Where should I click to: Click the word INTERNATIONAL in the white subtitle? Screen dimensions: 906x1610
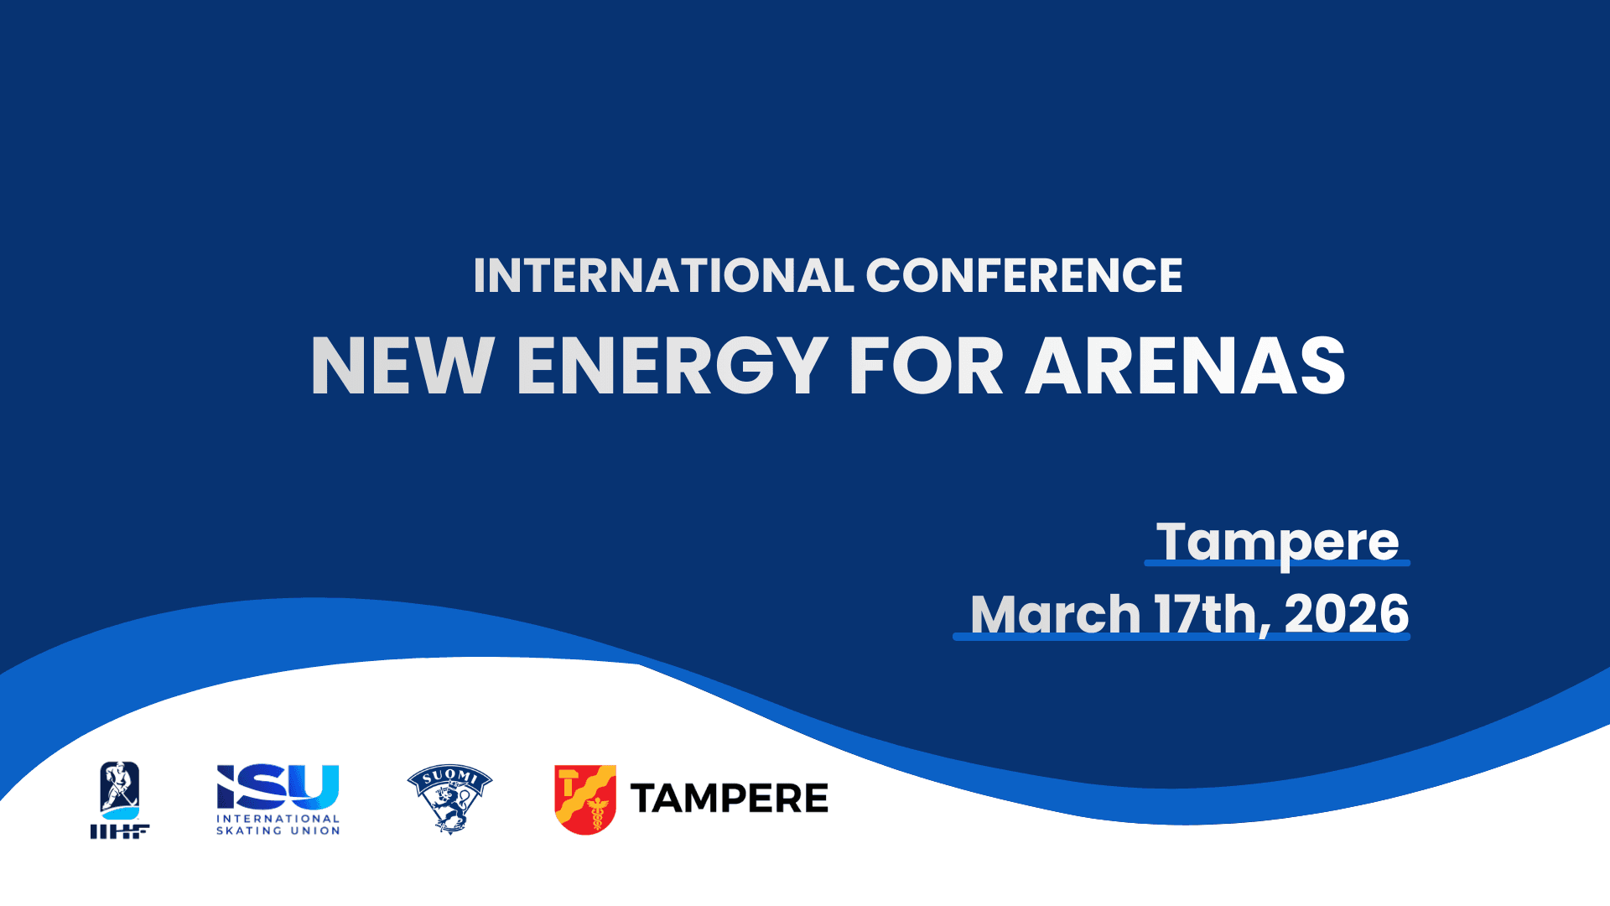point(663,276)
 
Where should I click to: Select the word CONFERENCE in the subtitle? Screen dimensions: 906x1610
point(1024,276)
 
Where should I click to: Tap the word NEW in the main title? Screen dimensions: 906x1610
point(402,366)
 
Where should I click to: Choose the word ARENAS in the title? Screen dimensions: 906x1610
point(1186,366)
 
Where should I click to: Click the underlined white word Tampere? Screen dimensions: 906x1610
point(1277,541)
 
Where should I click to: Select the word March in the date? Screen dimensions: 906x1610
point(1055,614)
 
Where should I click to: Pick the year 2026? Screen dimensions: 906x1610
point(1346,614)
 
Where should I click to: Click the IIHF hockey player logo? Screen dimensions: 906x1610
point(120,790)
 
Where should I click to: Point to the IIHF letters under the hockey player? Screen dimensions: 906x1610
point(120,831)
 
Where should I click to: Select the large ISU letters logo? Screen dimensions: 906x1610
point(278,787)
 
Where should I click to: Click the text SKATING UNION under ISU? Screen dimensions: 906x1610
point(278,831)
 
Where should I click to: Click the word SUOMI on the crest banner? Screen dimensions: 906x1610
point(449,777)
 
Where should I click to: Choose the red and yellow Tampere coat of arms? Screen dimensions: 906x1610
point(585,799)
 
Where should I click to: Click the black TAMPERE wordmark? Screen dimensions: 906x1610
point(729,799)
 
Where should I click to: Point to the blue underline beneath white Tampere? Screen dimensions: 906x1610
point(1277,563)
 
